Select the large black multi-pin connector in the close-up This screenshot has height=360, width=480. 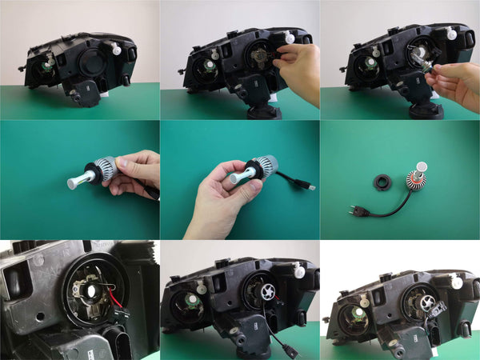(120, 340)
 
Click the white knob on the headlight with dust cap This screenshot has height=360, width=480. (117, 50)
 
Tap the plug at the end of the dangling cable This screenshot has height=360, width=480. (288, 353)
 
